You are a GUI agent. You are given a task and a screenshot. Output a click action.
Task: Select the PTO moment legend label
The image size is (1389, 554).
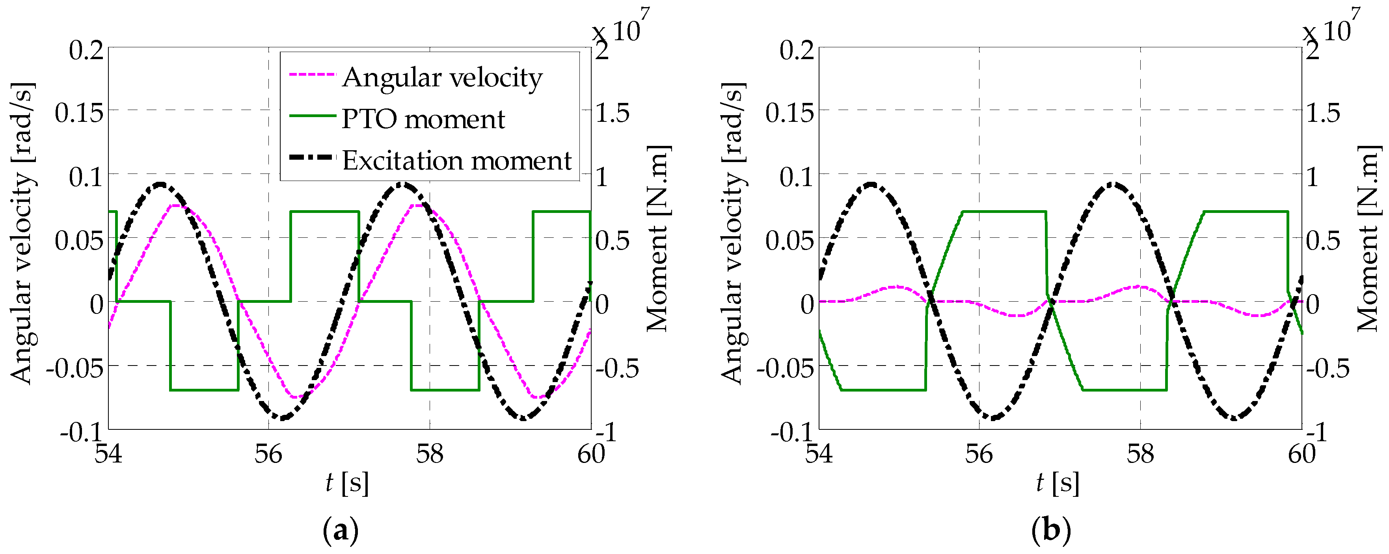click(x=423, y=119)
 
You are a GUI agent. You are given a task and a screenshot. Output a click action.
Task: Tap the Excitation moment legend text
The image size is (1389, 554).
click(x=457, y=161)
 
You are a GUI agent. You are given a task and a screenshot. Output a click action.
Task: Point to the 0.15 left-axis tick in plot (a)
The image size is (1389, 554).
click(x=79, y=113)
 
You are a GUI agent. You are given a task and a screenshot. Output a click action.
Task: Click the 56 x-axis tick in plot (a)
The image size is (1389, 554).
click(x=268, y=454)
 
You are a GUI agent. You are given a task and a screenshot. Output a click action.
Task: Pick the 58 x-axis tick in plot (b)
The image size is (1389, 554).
click(x=1140, y=454)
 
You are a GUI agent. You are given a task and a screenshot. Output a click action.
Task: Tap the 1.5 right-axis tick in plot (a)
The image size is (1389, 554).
click(x=613, y=113)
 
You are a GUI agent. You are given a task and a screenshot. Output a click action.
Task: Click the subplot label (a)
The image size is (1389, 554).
click(x=340, y=532)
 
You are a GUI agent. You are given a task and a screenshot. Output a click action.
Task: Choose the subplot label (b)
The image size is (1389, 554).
click(x=1051, y=532)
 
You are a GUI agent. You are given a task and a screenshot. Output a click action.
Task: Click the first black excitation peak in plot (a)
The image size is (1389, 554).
click(x=160, y=185)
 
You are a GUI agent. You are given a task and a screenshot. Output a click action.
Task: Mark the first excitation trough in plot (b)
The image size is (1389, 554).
click(x=992, y=418)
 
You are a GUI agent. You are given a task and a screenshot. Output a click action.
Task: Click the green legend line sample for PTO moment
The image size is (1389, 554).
click(x=312, y=116)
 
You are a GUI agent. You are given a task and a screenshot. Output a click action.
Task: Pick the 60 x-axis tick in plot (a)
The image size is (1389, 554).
click(x=591, y=454)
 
